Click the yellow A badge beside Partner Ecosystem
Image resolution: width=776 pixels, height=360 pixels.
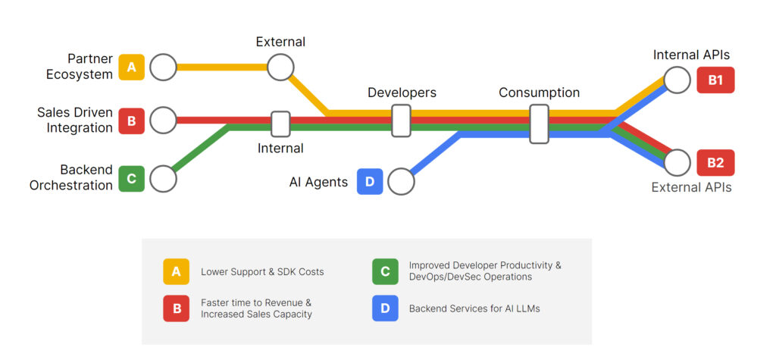click(131, 67)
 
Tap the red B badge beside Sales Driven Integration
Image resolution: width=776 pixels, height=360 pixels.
click(131, 121)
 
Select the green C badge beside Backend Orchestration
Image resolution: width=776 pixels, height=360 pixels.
click(131, 179)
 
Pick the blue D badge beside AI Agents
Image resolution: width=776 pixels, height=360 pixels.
click(370, 182)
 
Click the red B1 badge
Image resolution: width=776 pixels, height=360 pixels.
click(715, 80)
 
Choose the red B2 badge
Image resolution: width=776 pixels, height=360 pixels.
click(715, 162)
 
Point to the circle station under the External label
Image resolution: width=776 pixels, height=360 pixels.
click(280, 67)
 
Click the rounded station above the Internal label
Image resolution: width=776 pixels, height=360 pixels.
click(280, 124)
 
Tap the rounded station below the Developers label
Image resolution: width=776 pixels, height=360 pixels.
click(402, 121)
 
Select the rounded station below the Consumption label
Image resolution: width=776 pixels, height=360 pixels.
click(539, 124)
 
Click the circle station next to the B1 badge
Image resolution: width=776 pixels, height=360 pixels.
click(677, 80)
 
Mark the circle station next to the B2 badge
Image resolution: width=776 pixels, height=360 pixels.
click(677, 162)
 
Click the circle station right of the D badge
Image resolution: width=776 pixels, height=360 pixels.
click(401, 182)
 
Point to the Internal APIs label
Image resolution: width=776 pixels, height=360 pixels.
click(691, 55)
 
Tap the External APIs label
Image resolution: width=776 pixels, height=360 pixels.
click(691, 187)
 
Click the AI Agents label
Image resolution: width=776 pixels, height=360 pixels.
click(318, 182)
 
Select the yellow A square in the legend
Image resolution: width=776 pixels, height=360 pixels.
click(176, 271)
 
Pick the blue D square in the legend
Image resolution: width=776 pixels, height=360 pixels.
click(385, 308)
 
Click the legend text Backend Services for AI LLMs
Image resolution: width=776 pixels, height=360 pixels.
click(474, 308)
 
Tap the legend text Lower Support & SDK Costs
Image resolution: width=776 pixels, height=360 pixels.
click(262, 271)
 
